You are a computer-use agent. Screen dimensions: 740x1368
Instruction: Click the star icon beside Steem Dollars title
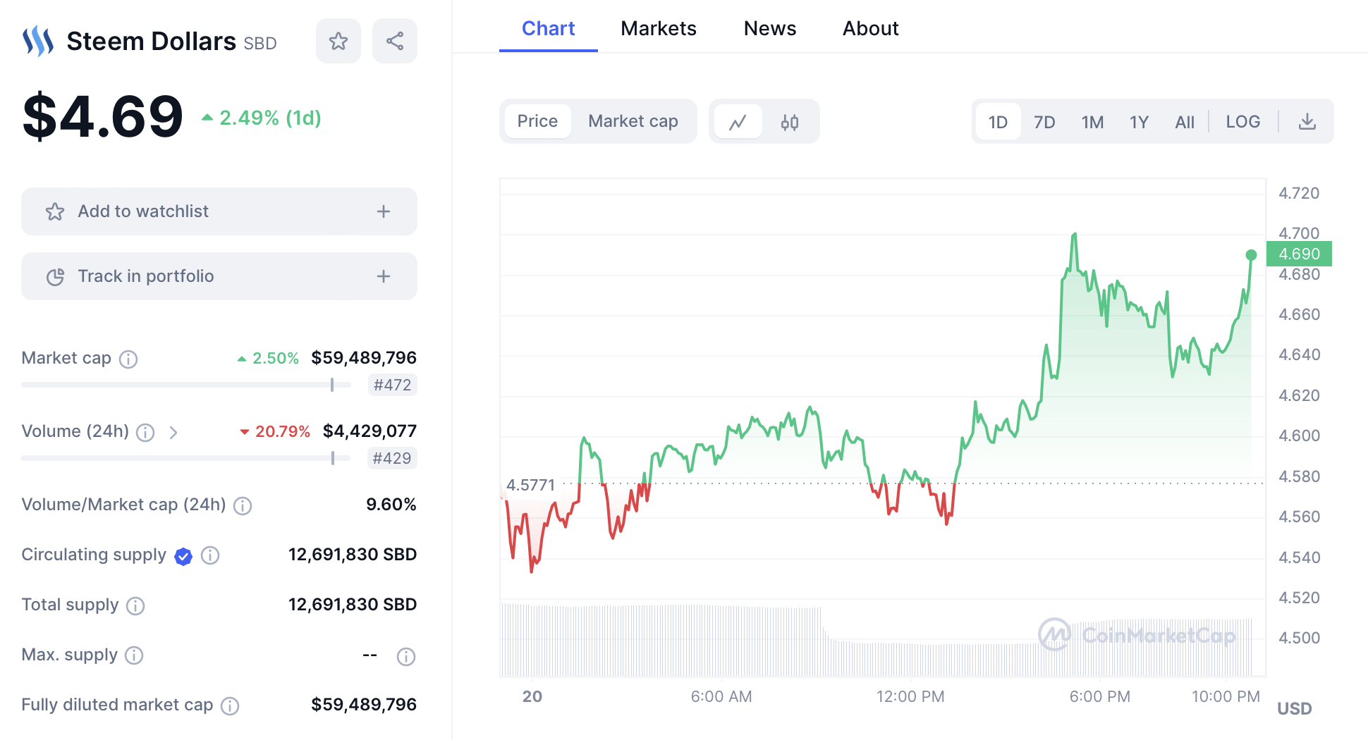tap(338, 41)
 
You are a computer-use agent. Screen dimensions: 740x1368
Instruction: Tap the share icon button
tap(395, 41)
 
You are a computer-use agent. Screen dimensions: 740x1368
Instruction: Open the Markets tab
tap(658, 28)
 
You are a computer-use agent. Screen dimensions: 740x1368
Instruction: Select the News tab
tap(769, 28)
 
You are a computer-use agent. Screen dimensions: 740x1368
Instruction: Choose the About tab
tap(870, 28)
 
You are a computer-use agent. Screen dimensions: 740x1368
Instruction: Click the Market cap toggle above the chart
tap(633, 121)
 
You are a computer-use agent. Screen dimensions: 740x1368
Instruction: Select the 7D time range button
tap(1044, 122)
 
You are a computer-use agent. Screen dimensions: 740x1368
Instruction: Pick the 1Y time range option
tap(1139, 122)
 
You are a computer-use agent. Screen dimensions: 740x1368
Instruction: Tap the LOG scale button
tap(1242, 122)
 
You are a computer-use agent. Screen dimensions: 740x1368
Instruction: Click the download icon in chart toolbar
tap(1307, 122)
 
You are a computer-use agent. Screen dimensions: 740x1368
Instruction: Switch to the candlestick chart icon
tap(790, 123)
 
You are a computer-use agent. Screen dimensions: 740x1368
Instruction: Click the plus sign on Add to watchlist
tap(384, 211)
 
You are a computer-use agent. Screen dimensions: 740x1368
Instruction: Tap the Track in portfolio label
tap(146, 276)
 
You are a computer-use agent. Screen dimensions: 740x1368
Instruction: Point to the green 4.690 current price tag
tap(1299, 254)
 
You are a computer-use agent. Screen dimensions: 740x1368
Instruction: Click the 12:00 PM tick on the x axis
tap(910, 696)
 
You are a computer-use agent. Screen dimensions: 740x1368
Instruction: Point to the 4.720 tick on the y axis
tap(1299, 193)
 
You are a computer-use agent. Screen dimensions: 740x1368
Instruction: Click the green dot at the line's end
tap(1251, 255)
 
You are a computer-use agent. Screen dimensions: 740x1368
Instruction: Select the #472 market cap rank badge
tap(392, 385)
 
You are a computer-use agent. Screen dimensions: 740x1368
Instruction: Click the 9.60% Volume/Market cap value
tap(391, 505)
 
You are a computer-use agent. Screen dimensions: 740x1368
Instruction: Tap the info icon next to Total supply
tap(135, 605)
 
